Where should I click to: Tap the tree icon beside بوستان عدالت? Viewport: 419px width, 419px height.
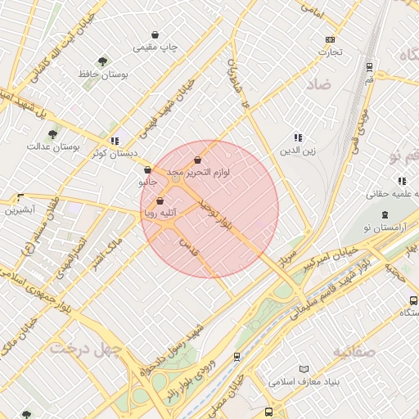pyautogui.click(x=53, y=134)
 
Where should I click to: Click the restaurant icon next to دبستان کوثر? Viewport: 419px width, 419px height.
pyautogui.click(x=115, y=141)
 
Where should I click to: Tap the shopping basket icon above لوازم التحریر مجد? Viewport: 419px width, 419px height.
pyautogui.click(x=197, y=160)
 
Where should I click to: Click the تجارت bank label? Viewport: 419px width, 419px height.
pyautogui.click(x=330, y=52)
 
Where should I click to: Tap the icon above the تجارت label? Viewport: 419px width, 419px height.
pyautogui.click(x=330, y=39)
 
